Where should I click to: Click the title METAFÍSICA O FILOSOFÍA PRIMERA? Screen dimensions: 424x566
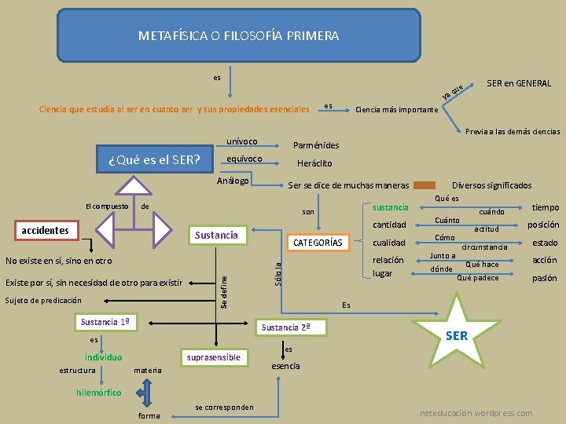(238, 35)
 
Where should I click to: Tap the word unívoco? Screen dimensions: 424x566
(241, 141)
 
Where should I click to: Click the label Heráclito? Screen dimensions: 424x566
(314, 163)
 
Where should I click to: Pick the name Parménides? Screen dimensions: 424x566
(316, 145)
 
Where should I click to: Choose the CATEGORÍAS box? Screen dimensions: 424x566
(317, 243)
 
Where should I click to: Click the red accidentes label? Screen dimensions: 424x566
(45, 231)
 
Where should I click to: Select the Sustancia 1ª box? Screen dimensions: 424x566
(105, 322)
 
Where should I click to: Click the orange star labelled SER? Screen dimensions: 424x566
(456, 335)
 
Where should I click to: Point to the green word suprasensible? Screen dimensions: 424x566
(213, 357)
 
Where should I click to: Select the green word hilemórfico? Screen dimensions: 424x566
(99, 392)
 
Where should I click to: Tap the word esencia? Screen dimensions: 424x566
(285, 366)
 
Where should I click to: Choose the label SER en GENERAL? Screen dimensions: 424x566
(519, 83)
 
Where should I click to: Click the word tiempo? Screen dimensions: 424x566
(546, 207)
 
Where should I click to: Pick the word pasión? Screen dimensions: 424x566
(544, 278)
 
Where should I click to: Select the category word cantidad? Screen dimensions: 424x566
(389, 225)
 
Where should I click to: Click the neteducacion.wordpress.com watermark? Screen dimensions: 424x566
(476, 413)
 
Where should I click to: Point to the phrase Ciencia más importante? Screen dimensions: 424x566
(397, 110)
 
